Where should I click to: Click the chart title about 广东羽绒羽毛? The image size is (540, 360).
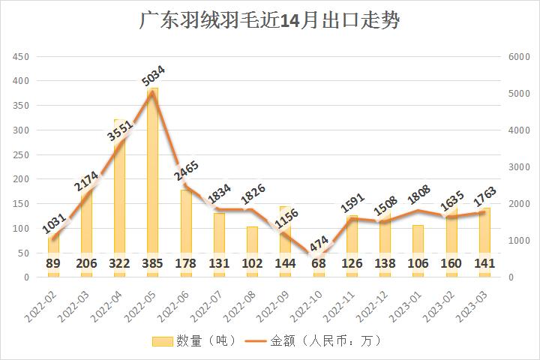click(x=270, y=20)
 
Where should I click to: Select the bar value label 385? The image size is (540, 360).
click(x=152, y=264)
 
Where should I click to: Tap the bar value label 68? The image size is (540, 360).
click(x=318, y=264)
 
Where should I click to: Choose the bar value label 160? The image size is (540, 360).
click(x=451, y=264)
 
